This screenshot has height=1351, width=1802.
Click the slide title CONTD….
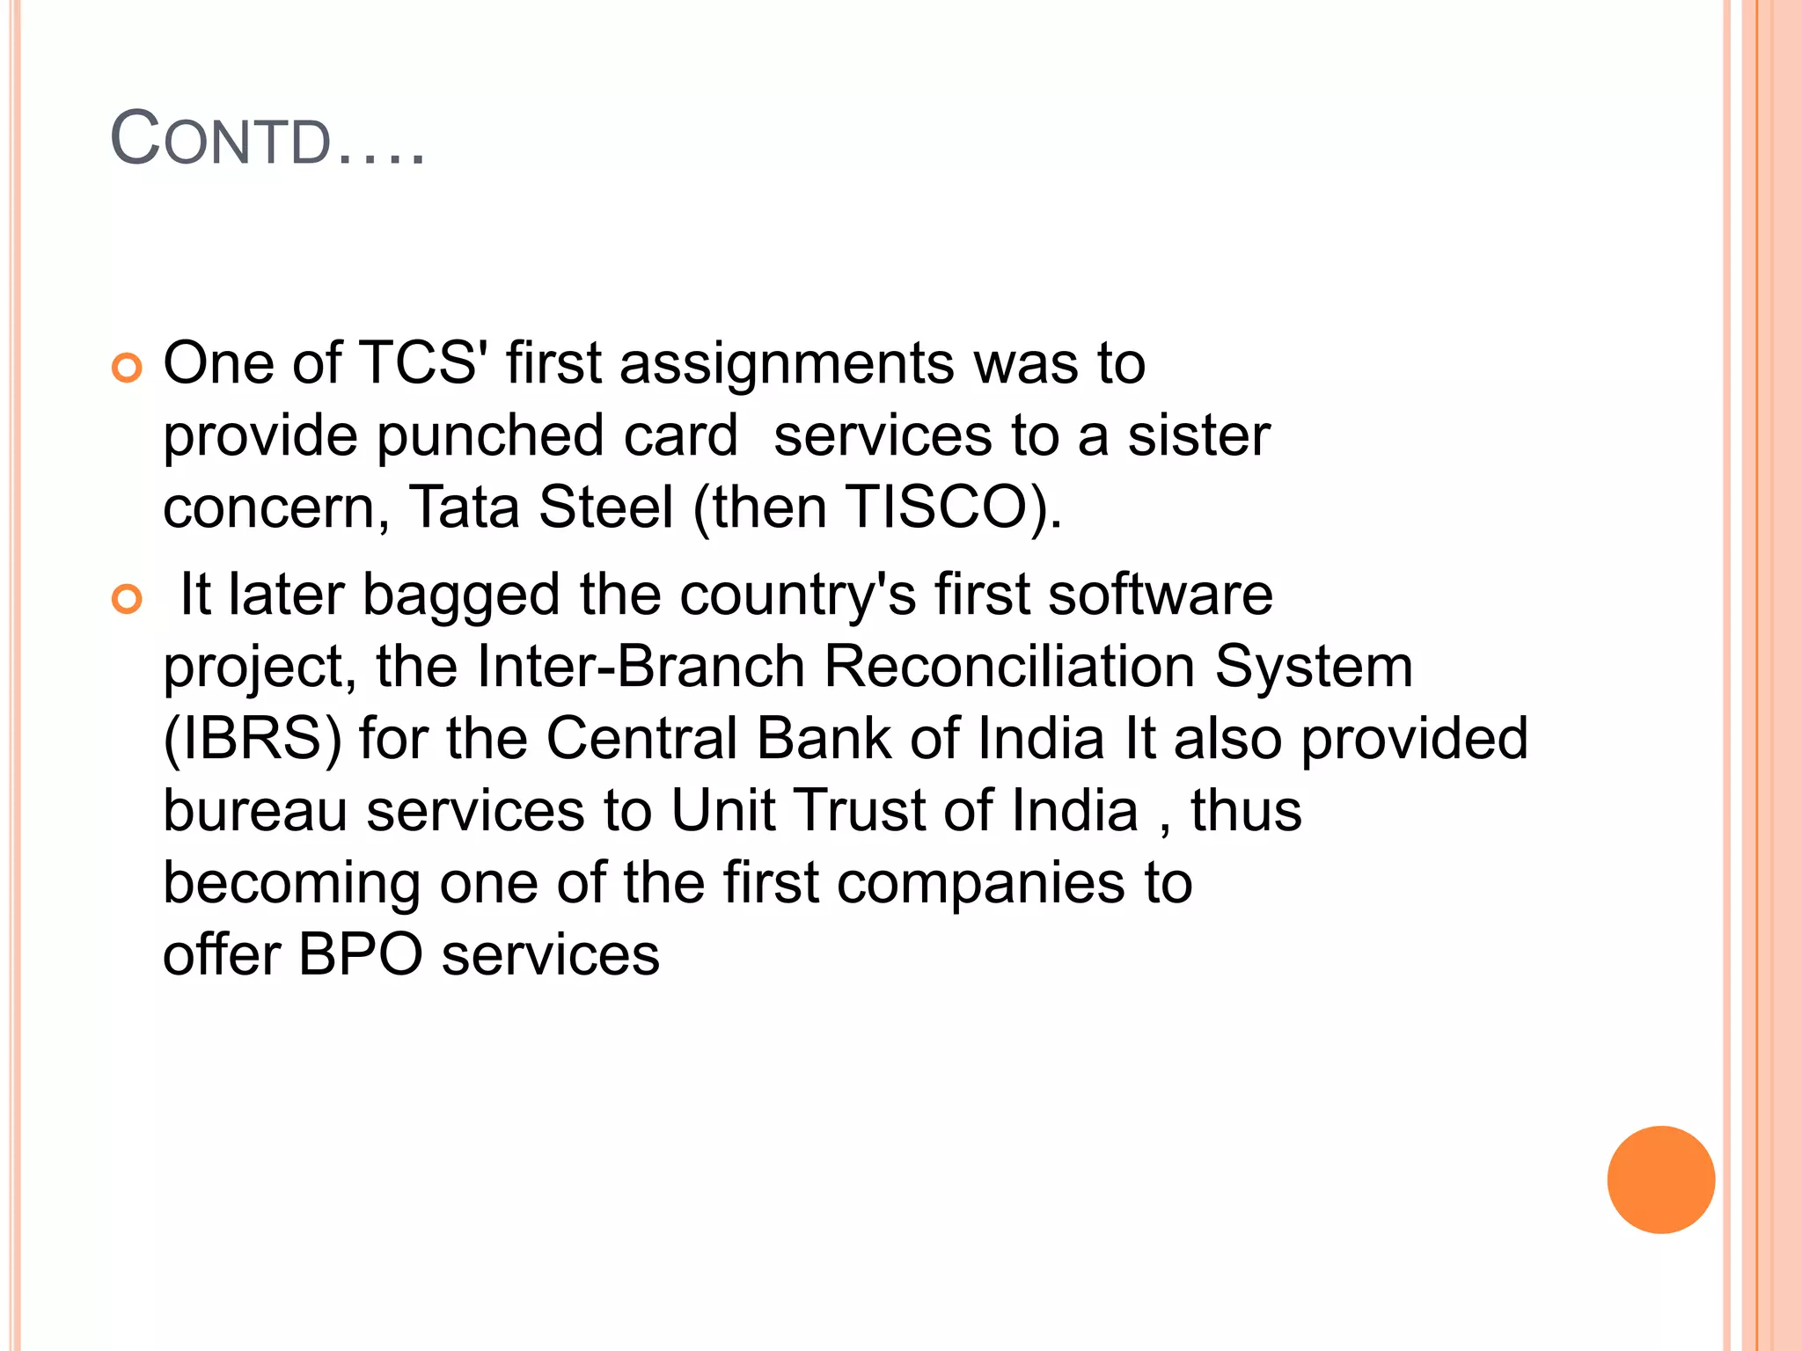(267, 139)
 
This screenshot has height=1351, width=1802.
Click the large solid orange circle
(1660, 1179)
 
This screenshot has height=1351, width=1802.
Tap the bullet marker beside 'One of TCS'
(127, 368)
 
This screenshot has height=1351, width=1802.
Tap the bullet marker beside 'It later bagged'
(127, 600)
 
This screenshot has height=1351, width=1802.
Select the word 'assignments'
(787, 364)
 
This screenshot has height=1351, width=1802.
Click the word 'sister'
(1198, 435)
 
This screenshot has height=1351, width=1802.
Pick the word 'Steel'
(605, 508)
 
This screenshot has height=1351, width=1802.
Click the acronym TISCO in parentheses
(936, 508)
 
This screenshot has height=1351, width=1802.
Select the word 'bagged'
(461, 596)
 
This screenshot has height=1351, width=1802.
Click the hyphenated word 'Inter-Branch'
(641, 667)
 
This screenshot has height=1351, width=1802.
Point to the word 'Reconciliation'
(1009, 667)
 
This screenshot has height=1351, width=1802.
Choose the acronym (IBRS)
(253, 739)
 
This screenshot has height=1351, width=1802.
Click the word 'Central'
(641, 739)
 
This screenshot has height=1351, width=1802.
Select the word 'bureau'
(255, 811)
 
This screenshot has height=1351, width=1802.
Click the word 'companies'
(980, 883)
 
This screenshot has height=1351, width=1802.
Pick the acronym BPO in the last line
(360, 955)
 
